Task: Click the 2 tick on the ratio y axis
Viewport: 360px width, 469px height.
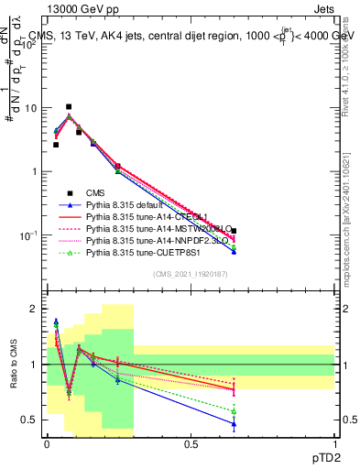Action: pyautogui.click(x=33, y=309)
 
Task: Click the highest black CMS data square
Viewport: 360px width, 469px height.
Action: pyautogui.click(x=69, y=107)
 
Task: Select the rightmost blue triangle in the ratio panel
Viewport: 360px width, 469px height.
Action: pyautogui.click(x=234, y=424)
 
